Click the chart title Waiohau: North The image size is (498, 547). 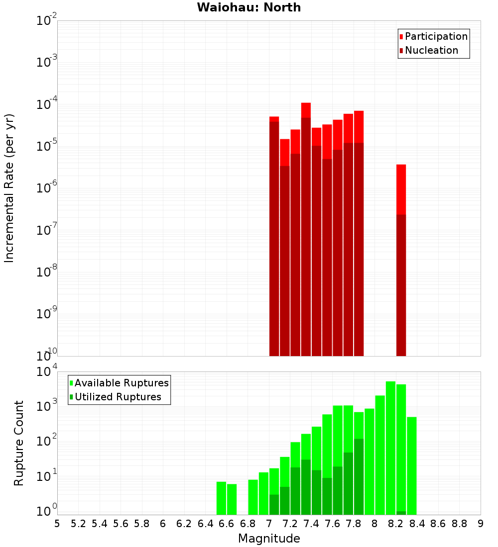click(x=249, y=7)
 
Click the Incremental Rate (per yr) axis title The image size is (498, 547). click(x=9, y=188)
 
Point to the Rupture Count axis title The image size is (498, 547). click(x=19, y=443)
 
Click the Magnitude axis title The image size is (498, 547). click(x=269, y=539)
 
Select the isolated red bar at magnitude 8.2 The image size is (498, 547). click(x=401, y=259)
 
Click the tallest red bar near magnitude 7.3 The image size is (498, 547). click(x=306, y=229)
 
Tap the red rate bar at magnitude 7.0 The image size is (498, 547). click(x=274, y=236)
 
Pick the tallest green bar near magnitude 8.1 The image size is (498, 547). click(x=390, y=448)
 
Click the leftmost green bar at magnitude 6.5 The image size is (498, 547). click(x=221, y=498)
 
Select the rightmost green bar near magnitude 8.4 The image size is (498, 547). click(x=411, y=465)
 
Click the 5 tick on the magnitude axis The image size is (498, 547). click(x=57, y=524)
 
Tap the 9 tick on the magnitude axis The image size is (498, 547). click(x=481, y=524)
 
